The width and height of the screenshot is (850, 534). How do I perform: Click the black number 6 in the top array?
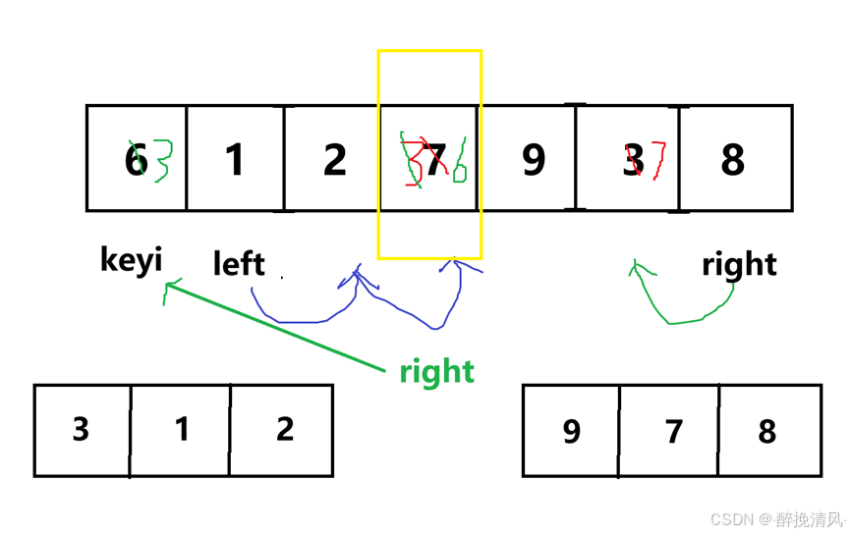[x=135, y=160]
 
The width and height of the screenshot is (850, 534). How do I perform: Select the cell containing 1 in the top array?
[x=235, y=159]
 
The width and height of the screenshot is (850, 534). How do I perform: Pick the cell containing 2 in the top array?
[x=334, y=159]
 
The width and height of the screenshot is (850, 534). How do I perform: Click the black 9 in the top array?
[x=533, y=159]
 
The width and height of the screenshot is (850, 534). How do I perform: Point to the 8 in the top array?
[x=733, y=159]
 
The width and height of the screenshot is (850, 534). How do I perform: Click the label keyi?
[x=131, y=260]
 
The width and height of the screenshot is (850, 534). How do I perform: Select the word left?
[x=239, y=263]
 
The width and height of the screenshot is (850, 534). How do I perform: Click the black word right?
[x=739, y=263]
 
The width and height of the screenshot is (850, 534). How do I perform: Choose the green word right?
[x=436, y=371]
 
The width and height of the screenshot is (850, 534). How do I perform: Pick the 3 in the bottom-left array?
[x=81, y=429]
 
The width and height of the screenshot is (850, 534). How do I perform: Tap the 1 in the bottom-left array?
[x=182, y=429]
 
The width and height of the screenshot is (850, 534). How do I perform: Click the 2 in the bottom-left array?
[x=285, y=429]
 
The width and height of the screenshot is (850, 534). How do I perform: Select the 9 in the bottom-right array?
[x=571, y=431]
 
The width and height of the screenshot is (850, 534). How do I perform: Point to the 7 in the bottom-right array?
[x=673, y=431]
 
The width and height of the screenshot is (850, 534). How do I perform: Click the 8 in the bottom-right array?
[x=767, y=431]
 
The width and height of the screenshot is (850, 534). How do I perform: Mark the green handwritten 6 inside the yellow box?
[x=460, y=163]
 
